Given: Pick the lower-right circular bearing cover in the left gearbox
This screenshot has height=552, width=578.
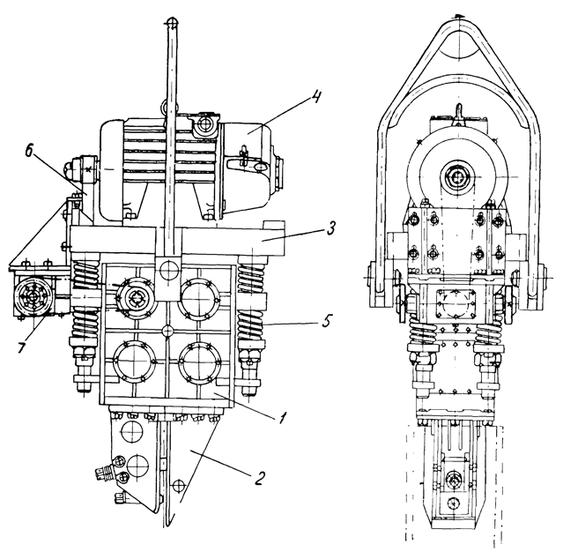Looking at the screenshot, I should (198, 362).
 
